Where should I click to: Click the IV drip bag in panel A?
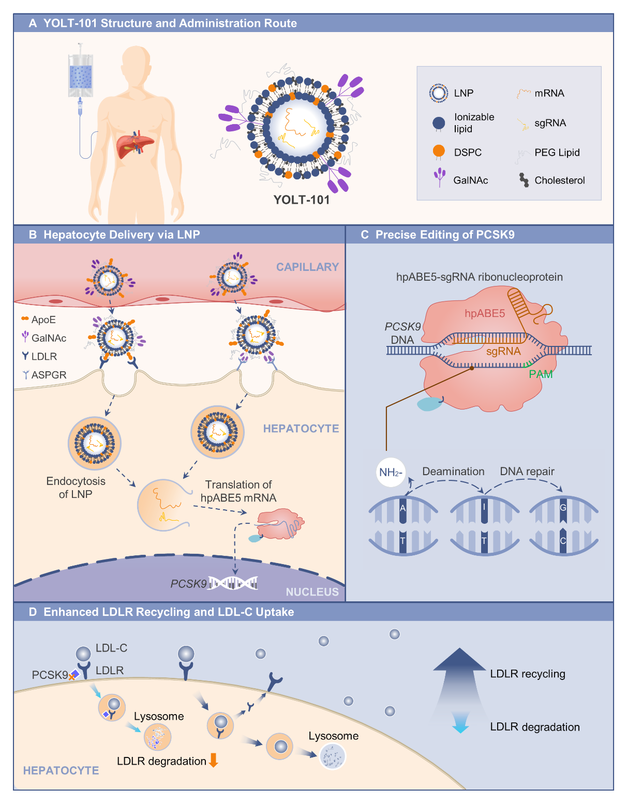[80, 75]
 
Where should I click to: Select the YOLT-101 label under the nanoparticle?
[302, 200]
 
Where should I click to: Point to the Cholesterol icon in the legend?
[524, 180]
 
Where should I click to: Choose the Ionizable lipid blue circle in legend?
[439, 123]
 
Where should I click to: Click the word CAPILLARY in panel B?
[307, 267]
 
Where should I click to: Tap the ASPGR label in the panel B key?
[49, 375]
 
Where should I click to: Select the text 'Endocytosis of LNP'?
[76, 488]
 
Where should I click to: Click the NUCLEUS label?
[312, 592]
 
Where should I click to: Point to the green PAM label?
[541, 374]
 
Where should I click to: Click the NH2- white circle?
[391, 472]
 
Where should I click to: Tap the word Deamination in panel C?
[453, 472]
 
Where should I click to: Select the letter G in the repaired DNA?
[563, 507]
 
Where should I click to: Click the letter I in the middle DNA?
[484, 507]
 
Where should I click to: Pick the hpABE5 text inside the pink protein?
[484, 313]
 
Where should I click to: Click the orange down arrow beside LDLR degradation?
[213, 760]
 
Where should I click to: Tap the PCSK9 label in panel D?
[50, 675]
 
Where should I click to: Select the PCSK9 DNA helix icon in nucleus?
[233, 583]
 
